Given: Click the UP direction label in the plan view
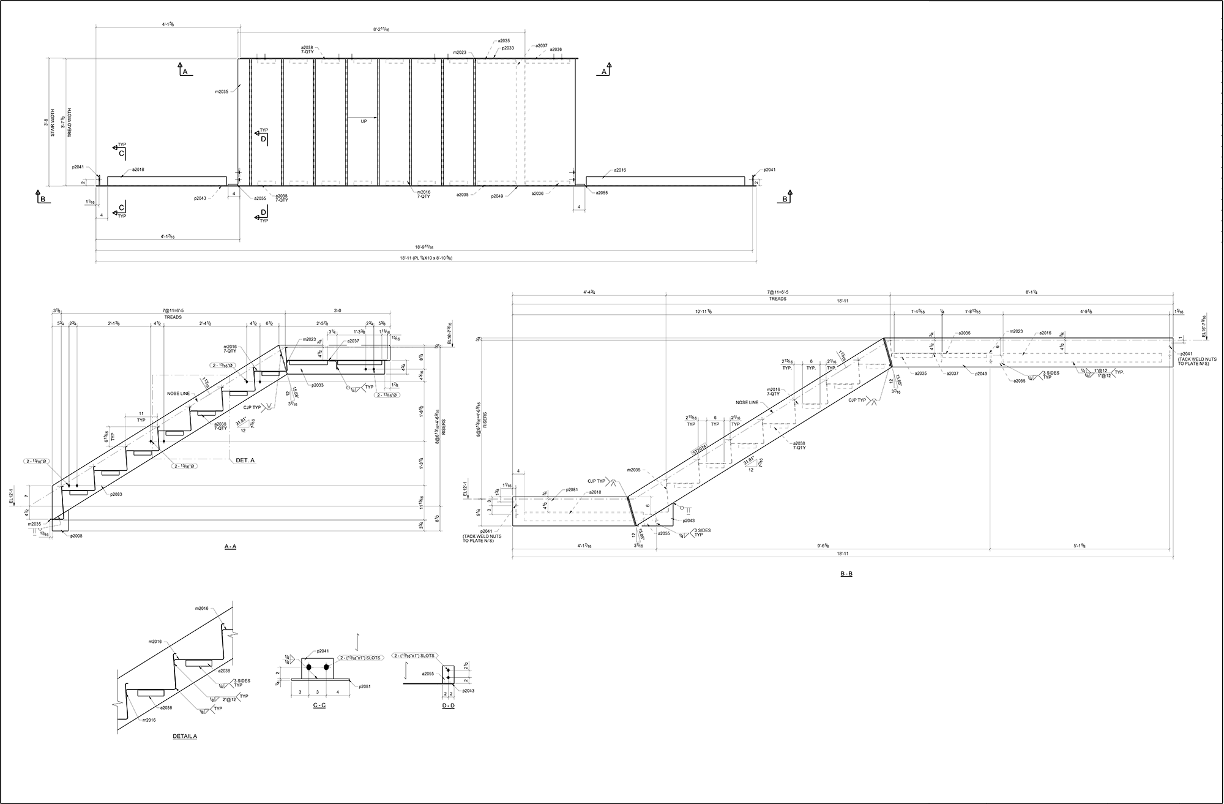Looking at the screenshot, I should point(364,121).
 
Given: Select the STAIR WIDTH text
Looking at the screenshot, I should point(53,122).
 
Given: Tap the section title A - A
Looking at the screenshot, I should point(230,546).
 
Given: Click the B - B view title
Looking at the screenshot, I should point(846,574).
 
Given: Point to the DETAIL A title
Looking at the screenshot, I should point(184,736).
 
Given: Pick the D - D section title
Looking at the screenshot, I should point(448,705).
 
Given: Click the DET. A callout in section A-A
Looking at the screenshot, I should point(245,460).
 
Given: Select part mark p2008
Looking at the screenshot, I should point(76,536).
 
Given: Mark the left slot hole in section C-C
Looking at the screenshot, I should point(309,666).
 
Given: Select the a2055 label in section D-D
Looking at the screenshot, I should point(428,674).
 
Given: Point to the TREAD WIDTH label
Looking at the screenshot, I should point(69,122).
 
